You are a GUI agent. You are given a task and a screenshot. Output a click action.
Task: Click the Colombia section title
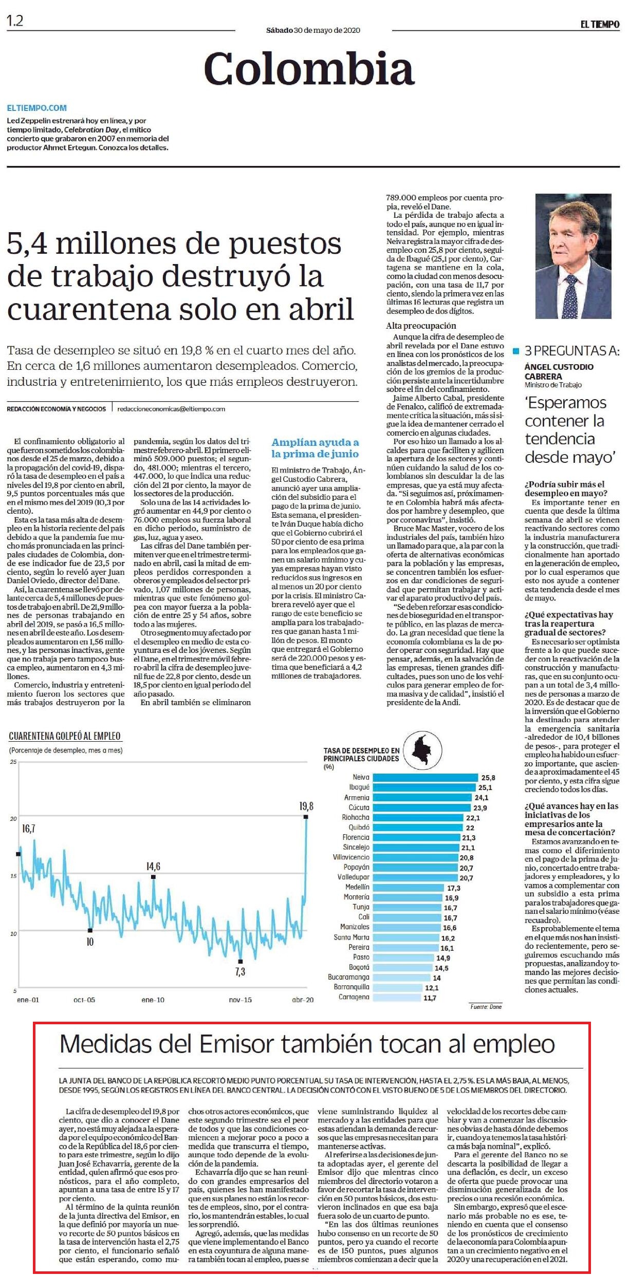[309, 69]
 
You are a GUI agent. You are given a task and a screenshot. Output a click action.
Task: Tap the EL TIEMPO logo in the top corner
[600, 24]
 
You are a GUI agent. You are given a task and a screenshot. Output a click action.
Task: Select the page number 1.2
[15, 21]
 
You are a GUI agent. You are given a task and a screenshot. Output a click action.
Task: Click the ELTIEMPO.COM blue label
[37, 108]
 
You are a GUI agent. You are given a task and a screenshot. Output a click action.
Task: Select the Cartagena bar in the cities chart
[396, 998]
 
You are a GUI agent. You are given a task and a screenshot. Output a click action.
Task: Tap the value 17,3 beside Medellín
[454, 888]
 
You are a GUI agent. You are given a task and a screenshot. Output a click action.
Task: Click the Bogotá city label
[359, 967]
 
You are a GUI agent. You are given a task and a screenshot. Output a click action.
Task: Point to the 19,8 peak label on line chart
[306, 806]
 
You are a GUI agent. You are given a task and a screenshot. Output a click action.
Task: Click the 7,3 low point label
[240, 971]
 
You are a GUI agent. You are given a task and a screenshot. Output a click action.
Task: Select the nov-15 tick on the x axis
[240, 1000]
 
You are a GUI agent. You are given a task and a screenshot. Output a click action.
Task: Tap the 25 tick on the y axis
[13, 761]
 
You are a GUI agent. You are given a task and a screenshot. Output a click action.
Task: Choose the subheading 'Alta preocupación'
[421, 326]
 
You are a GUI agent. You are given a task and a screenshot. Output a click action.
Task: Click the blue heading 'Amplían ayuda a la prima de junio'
[315, 448]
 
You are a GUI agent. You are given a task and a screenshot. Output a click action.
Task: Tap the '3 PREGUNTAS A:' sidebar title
[572, 351]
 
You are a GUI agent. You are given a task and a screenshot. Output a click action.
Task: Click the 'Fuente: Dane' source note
[486, 1006]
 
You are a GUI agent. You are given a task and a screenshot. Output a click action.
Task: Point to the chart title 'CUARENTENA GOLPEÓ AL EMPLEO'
[65, 736]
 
